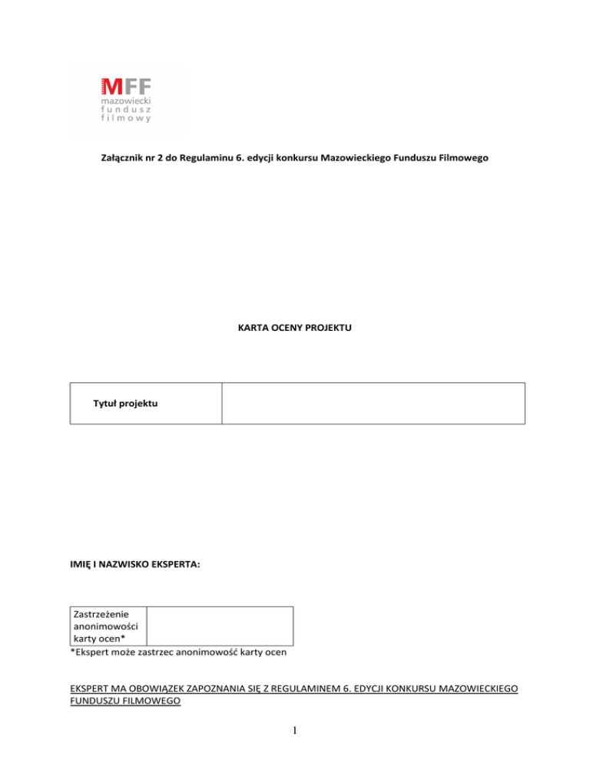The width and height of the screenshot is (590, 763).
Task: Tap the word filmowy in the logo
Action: tap(127, 119)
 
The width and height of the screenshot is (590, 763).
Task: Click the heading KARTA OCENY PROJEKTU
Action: tap(295, 327)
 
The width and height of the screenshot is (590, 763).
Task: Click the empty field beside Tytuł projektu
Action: tap(373, 403)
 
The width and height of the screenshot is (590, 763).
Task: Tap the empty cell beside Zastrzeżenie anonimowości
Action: tap(220, 626)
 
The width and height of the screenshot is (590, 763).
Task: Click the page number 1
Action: tap(295, 735)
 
